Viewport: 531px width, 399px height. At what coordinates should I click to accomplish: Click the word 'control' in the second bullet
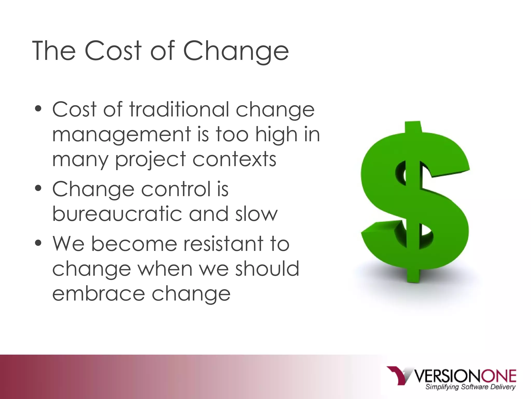[176, 189]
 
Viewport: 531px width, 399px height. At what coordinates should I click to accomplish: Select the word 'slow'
[256, 214]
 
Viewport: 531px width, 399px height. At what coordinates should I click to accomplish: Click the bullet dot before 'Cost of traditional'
[38, 109]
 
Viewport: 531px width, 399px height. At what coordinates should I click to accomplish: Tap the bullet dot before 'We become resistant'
[38, 243]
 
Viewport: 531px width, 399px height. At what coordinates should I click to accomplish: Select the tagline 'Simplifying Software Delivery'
[470, 387]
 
